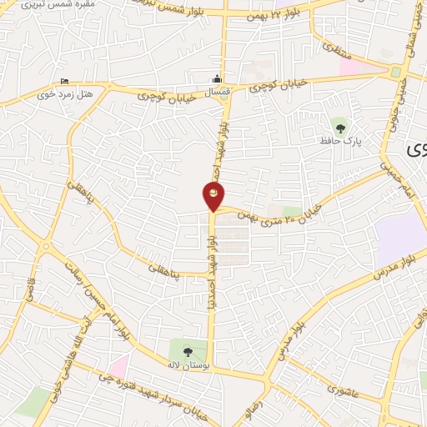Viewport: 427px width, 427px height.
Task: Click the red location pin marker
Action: [x=213, y=196]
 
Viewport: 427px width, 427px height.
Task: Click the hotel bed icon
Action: [x=65, y=81]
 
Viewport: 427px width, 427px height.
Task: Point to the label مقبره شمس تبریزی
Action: [x=52, y=7]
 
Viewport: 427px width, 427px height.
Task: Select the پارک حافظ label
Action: [x=341, y=143]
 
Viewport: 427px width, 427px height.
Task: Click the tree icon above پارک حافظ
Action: [x=340, y=127]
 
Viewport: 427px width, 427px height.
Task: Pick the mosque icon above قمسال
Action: [x=218, y=80]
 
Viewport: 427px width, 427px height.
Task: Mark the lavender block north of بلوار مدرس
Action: [x=401, y=229]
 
